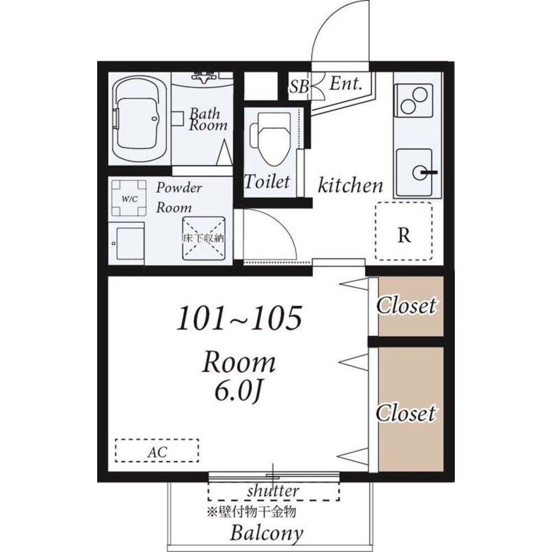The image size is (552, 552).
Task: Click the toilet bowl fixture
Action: [x=270, y=140]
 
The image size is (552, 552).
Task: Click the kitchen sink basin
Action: [x=414, y=172]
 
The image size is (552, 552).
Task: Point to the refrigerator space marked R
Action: [x=404, y=231]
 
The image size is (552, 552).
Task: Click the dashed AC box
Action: [x=157, y=450]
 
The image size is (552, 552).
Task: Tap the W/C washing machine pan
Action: [x=129, y=198]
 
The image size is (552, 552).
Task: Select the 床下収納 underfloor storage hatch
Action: [x=204, y=238]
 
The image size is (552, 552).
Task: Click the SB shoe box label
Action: [x=299, y=86]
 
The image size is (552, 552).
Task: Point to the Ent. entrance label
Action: [x=346, y=84]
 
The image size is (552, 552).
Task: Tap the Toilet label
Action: [x=267, y=181]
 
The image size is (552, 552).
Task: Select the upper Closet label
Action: [x=406, y=306]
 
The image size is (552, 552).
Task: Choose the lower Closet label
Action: [x=406, y=413]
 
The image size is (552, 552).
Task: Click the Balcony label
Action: [x=267, y=533]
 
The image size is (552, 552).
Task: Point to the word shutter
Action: [x=273, y=490]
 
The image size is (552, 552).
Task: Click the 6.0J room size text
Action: [x=238, y=392]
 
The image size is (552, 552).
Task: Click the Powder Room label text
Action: [x=179, y=198]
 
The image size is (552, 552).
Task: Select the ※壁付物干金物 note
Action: [x=251, y=512]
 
